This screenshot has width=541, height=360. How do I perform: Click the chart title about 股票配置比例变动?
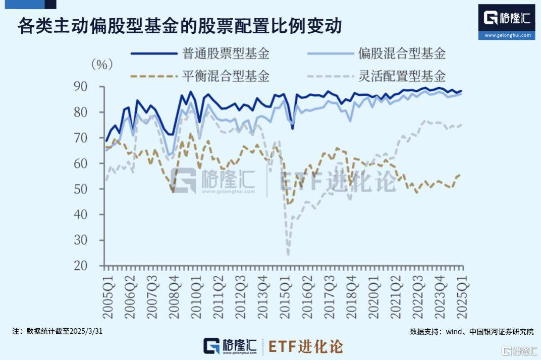click(x=180, y=26)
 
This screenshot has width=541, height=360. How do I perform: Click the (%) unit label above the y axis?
click(x=102, y=65)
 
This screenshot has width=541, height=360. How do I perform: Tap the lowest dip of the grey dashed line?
click(x=288, y=254)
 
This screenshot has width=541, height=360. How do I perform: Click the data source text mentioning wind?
click(x=471, y=331)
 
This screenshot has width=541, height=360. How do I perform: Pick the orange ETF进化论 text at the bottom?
click(x=306, y=347)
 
